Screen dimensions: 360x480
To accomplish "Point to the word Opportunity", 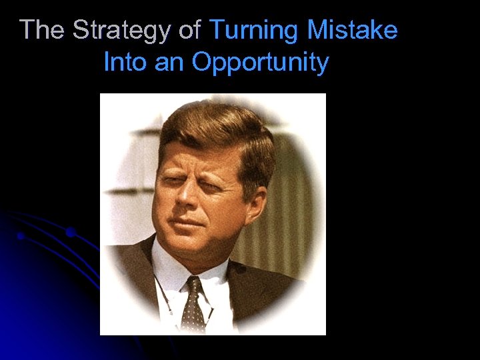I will pyautogui.click(x=260, y=63).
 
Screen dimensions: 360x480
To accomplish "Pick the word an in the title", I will pyautogui.click(x=169, y=63).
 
